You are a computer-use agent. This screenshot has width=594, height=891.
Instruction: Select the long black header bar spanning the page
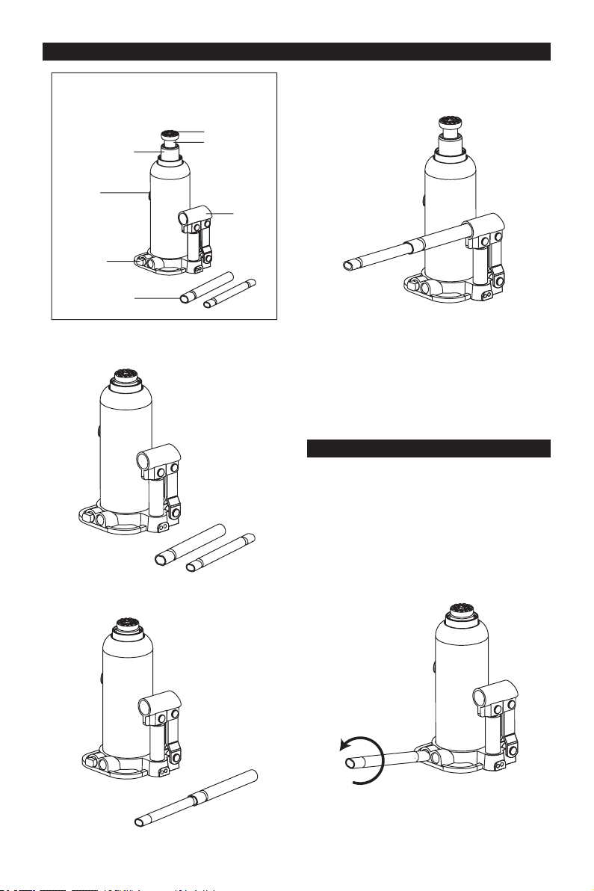point(297,52)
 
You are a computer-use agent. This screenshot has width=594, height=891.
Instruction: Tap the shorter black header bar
point(429,448)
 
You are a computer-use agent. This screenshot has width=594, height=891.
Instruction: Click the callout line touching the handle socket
point(221,215)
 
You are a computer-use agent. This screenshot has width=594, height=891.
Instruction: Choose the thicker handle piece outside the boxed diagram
point(190,542)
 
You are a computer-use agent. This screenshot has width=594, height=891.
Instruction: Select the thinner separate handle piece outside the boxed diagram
point(222,552)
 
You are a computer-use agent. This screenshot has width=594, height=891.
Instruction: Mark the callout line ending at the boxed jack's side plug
point(124,193)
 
